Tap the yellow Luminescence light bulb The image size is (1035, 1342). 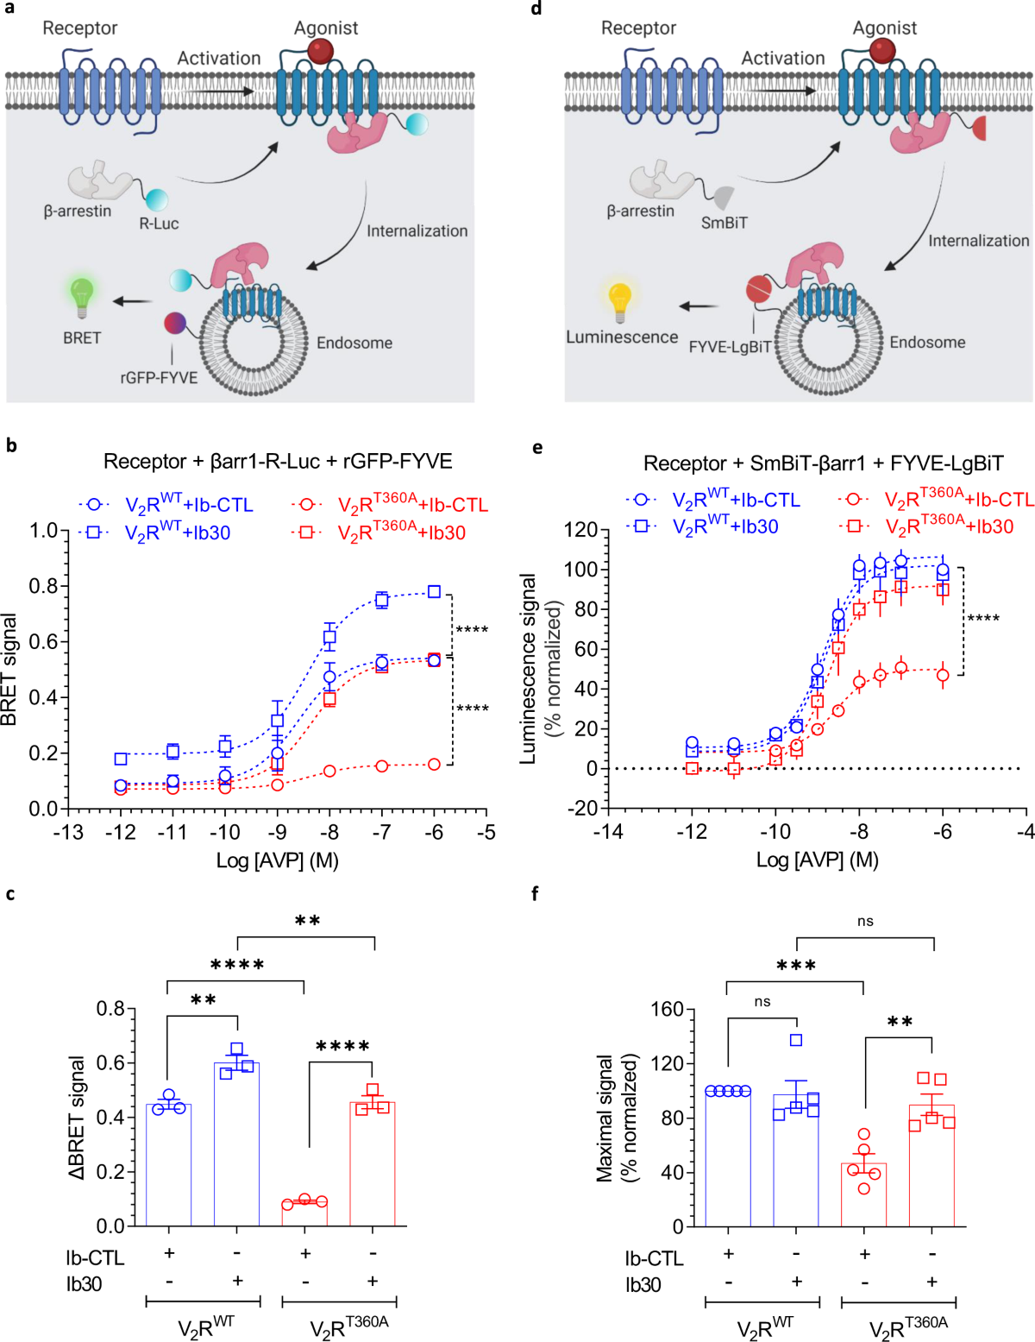point(620,299)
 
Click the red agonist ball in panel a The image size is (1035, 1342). point(320,51)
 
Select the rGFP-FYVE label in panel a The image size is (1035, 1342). point(159,377)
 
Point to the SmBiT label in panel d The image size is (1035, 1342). point(724,223)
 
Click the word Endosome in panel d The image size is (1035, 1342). point(927,343)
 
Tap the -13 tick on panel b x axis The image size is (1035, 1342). point(68,832)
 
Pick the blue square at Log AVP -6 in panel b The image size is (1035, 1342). point(435,591)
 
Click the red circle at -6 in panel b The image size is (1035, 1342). point(434,765)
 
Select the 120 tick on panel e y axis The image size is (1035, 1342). point(580,529)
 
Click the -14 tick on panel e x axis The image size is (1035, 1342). point(608,832)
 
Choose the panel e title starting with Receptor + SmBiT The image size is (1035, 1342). point(823,463)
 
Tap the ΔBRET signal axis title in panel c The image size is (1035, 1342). point(77,1118)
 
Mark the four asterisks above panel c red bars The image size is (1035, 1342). point(342,1047)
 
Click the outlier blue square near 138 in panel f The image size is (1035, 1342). point(796,1040)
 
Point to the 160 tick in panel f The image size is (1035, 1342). point(666,1010)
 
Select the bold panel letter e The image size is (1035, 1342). point(538,447)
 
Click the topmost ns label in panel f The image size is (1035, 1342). point(865,922)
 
